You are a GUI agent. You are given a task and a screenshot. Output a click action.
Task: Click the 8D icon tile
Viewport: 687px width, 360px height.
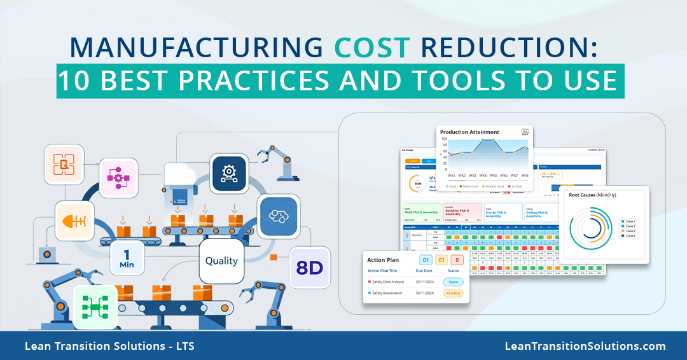click(310, 267)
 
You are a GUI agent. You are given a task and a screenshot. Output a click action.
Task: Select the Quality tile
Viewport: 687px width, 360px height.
click(221, 261)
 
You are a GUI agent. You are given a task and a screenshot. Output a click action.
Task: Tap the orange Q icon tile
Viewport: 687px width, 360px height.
click(64, 165)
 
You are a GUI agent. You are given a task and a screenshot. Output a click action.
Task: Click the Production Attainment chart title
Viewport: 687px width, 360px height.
click(469, 132)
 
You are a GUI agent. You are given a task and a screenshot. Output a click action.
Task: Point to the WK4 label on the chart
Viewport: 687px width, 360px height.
click(483, 175)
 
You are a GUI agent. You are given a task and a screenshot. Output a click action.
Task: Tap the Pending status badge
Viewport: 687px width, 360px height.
click(454, 294)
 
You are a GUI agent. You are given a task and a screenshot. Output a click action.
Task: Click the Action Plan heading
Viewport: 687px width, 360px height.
click(384, 260)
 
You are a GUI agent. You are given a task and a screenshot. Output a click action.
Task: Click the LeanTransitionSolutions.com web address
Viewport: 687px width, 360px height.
click(585, 347)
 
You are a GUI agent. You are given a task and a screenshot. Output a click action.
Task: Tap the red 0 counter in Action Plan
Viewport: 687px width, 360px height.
click(457, 260)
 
